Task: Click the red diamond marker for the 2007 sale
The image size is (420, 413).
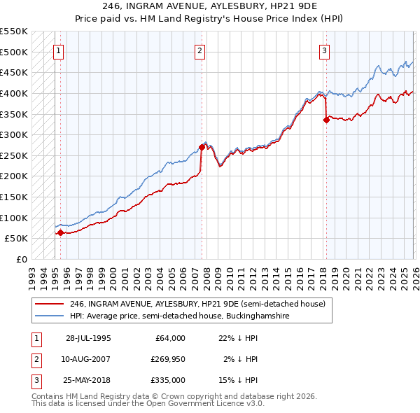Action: pyautogui.click(x=202, y=147)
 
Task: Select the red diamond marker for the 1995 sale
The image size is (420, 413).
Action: pyautogui.click(x=60, y=232)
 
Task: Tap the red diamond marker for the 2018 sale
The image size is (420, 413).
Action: pyautogui.click(x=326, y=120)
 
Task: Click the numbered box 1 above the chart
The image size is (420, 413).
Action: pyautogui.click(x=58, y=50)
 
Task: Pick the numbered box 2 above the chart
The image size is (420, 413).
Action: pyautogui.click(x=200, y=50)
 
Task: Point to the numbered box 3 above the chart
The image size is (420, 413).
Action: pyautogui.click(x=325, y=50)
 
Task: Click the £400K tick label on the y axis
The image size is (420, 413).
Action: pyautogui.click(x=13, y=93)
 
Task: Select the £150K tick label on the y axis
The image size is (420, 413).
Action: pyautogui.click(x=13, y=197)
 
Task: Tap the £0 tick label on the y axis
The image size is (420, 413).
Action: pyautogui.click(x=21, y=259)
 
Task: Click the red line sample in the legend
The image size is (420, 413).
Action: pyautogui.click(x=50, y=304)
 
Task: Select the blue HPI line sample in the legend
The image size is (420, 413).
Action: pyautogui.click(x=50, y=316)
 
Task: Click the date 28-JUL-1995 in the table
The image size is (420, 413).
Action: pyautogui.click(x=88, y=338)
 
